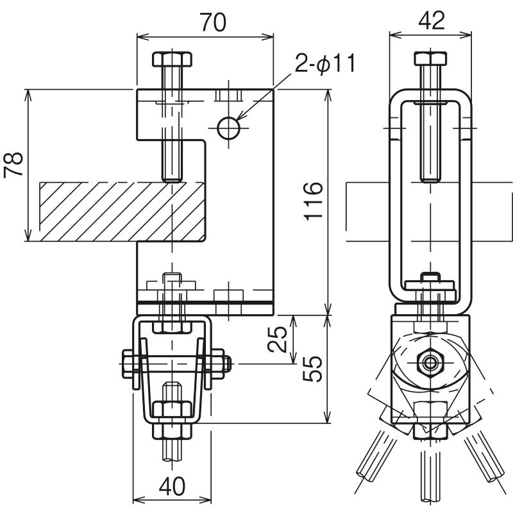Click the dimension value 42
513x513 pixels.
[x=430, y=21]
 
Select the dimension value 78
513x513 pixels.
[x=14, y=165]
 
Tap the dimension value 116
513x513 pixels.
[x=312, y=201]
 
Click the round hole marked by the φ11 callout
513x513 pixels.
[x=229, y=128]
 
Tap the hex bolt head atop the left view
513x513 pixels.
[x=172, y=61]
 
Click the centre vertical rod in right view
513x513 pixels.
[x=428, y=475]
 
